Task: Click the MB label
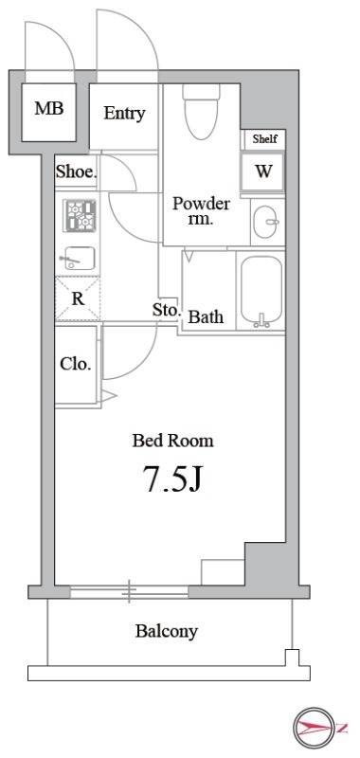(x=49, y=108)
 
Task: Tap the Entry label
(x=124, y=114)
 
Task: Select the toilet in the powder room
(x=201, y=111)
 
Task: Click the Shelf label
(x=265, y=139)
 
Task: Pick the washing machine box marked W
(x=263, y=171)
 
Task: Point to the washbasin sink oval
(x=267, y=222)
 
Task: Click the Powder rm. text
(x=201, y=211)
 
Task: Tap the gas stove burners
(x=80, y=215)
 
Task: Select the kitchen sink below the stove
(x=78, y=258)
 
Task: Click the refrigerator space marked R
(x=78, y=298)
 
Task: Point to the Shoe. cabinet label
(x=77, y=171)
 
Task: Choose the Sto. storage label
(x=166, y=310)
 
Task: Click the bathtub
(x=261, y=291)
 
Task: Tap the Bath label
(x=206, y=317)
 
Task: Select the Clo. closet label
(x=76, y=364)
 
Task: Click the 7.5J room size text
(x=171, y=478)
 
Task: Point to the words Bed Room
(x=173, y=441)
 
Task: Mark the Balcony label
(x=167, y=631)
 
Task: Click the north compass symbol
(x=315, y=727)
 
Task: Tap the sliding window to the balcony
(x=129, y=590)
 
